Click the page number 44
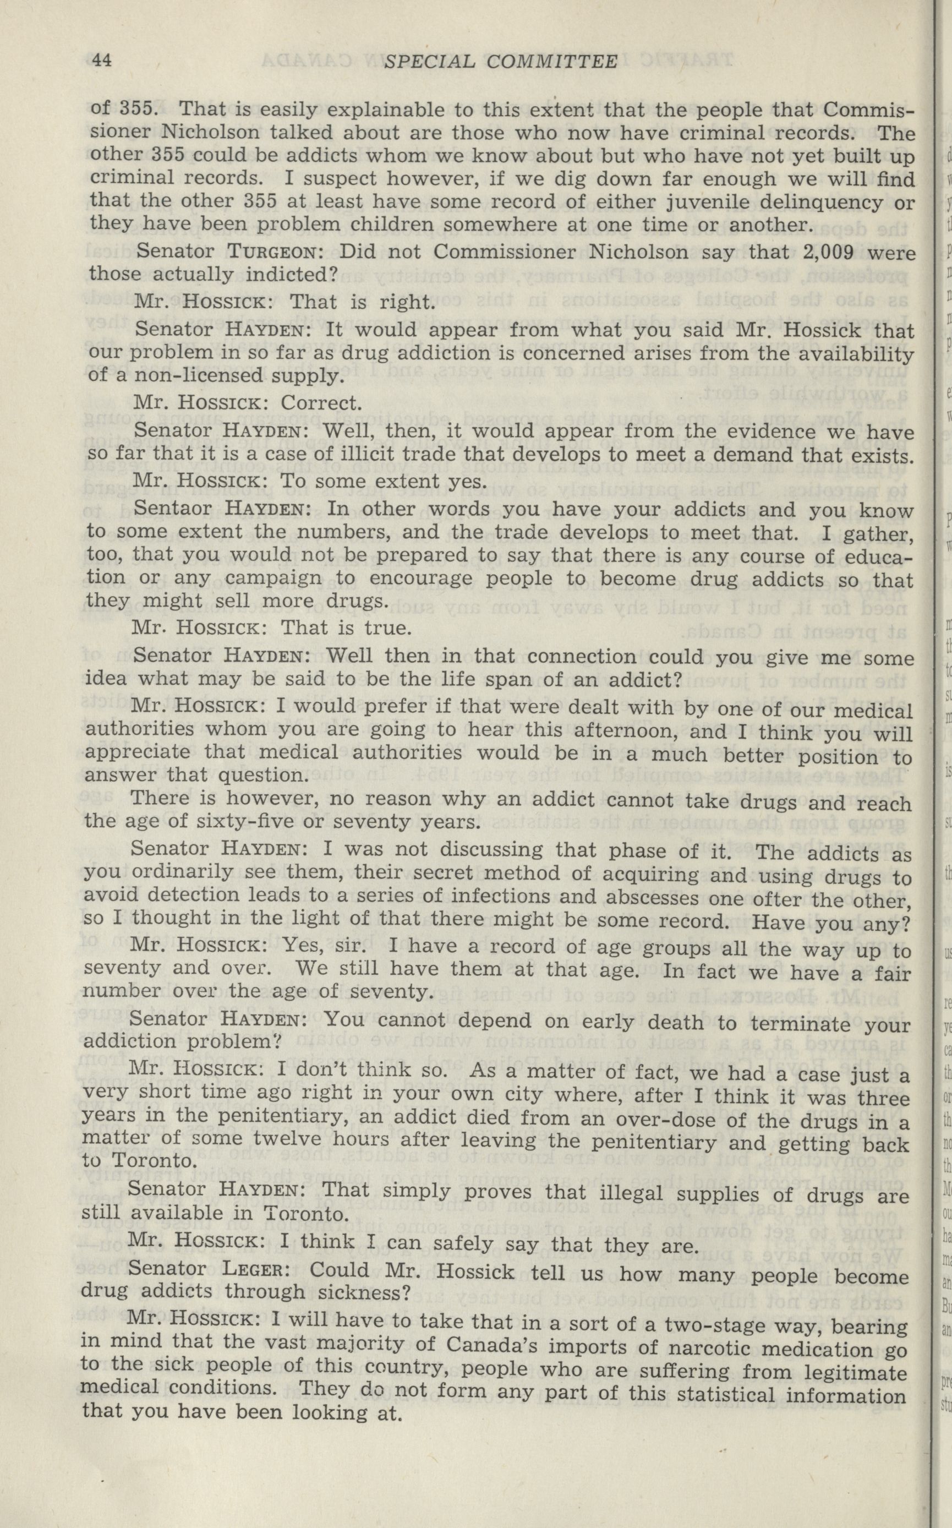(x=102, y=61)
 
